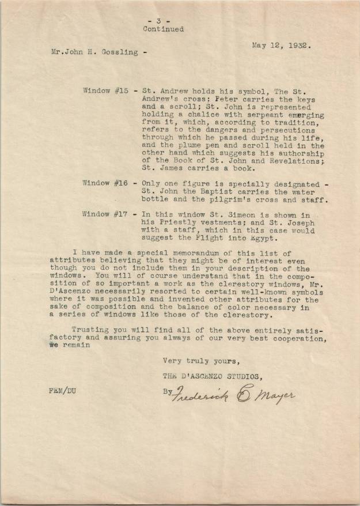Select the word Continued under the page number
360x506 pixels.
point(164,29)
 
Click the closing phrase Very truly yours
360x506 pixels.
point(200,361)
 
